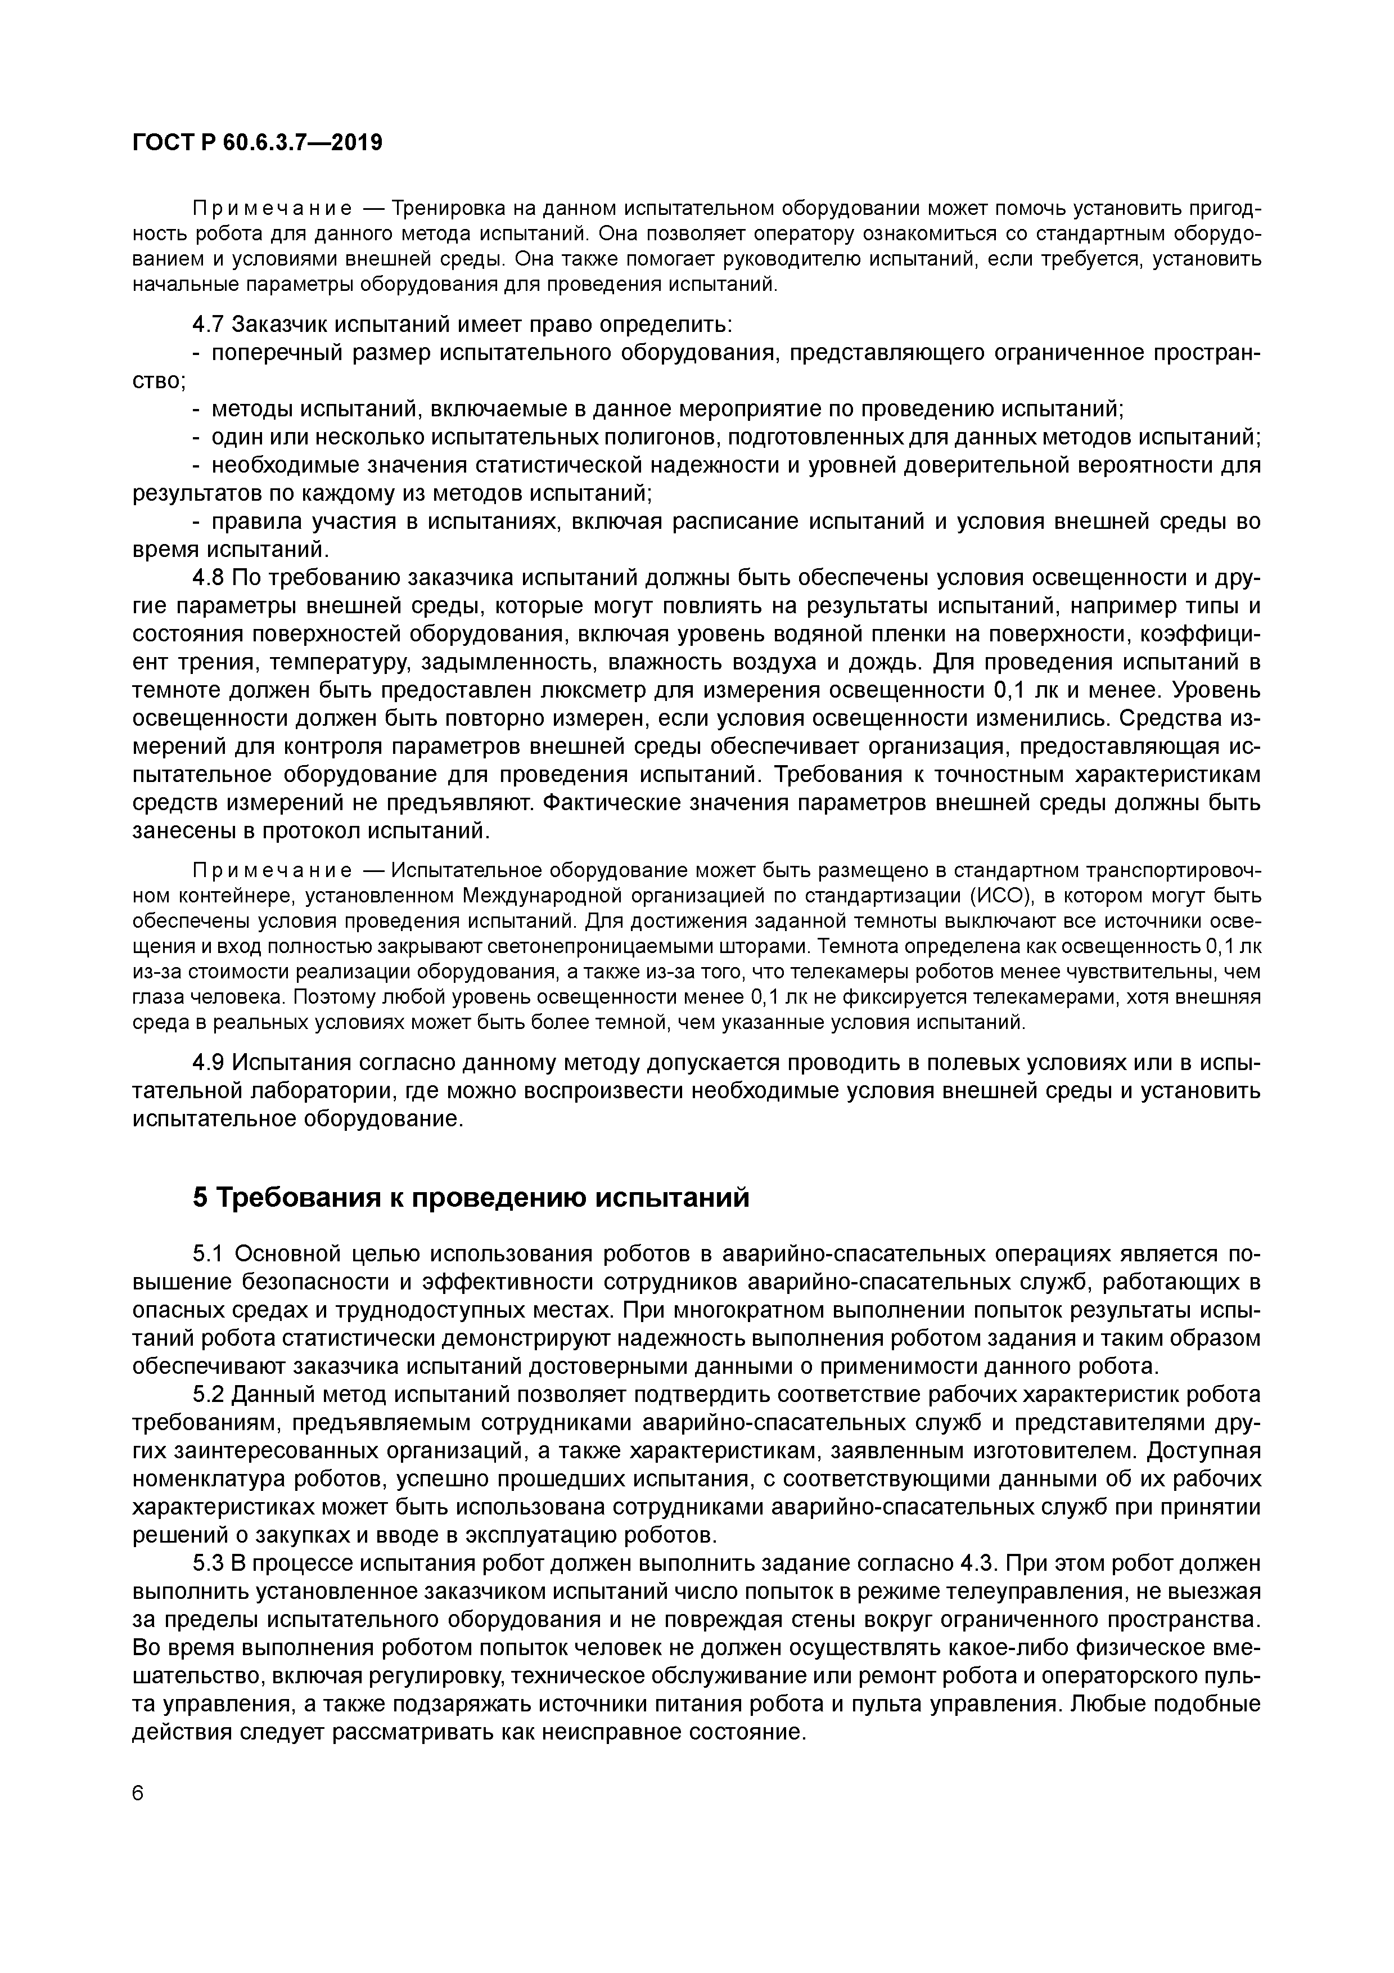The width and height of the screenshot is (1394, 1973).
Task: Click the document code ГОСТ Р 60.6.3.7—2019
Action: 258,143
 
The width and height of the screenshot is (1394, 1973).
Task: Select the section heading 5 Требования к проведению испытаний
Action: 471,1197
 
